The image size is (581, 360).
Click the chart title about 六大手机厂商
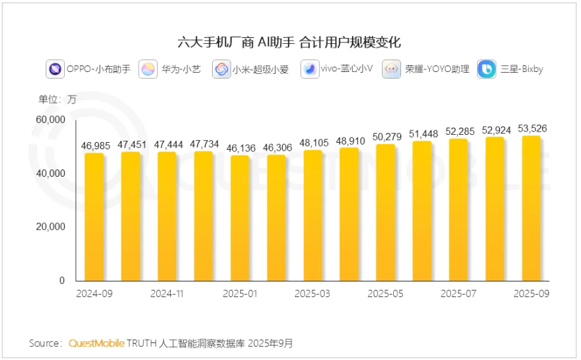click(289, 43)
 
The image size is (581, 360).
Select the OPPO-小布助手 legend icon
click(55, 69)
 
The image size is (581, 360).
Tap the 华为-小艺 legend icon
click(148, 69)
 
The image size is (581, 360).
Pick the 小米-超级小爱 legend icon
click(222, 69)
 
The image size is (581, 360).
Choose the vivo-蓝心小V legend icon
click(309, 69)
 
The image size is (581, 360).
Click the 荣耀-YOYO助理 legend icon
click(392, 69)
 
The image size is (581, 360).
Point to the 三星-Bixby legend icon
click(487, 69)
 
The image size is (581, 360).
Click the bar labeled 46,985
click(94, 216)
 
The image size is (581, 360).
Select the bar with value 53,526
click(531, 208)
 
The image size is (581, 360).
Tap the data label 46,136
click(239, 147)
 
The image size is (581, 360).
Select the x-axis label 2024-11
click(167, 294)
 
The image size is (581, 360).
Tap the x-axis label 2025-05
click(385, 294)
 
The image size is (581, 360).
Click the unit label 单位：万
click(57, 99)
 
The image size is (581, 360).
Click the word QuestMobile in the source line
click(96, 343)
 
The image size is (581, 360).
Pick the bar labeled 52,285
click(458, 209)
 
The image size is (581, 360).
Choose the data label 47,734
click(203, 143)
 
